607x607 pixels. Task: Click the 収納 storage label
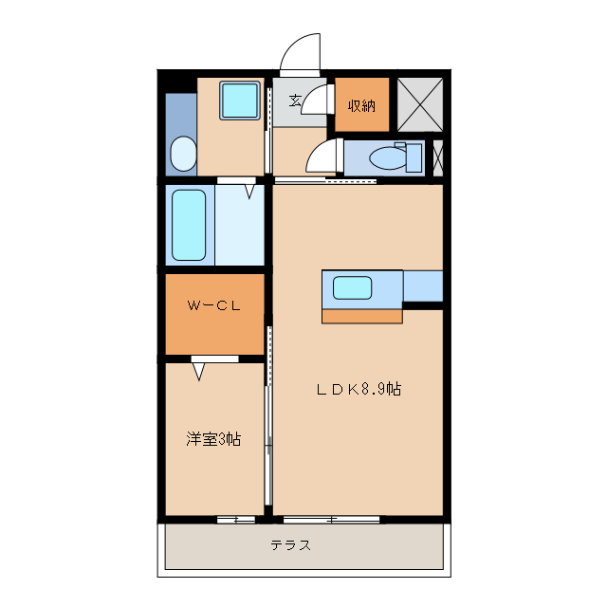point(361,104)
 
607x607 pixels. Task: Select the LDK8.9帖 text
point(359,389)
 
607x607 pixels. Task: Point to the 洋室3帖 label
point(212,439)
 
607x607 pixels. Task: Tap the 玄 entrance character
point(295,100)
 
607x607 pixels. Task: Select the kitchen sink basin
point(352,286)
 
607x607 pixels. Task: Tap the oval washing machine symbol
point(181,154)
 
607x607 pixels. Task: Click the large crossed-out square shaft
point(420,103)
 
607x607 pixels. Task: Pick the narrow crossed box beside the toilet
point(437,157)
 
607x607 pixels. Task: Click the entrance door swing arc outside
point(302,52)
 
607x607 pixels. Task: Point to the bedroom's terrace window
point(235,519)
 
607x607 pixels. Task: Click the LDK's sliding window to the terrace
point(331,519)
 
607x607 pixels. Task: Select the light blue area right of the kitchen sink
point(423,285)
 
